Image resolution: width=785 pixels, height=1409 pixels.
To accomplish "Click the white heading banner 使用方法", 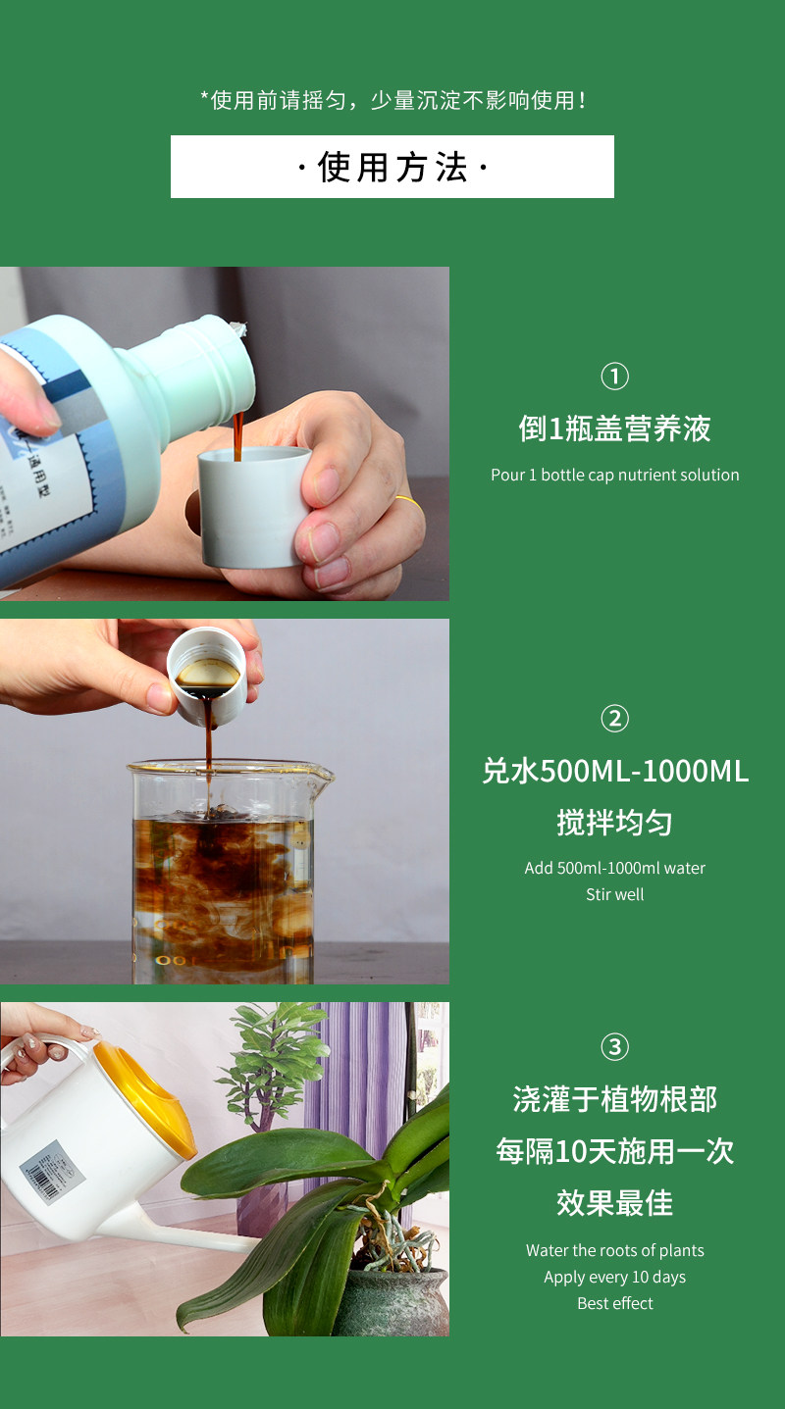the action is (x=392, y=167).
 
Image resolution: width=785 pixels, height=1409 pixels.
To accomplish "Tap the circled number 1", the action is (x=615, y=377).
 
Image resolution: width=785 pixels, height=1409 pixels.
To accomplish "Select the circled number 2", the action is (x=615, y=719).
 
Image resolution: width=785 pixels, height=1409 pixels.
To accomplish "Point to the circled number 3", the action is (x=615, y=1046).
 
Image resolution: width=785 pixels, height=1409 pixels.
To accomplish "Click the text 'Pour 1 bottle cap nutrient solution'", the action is (x=615, y=475).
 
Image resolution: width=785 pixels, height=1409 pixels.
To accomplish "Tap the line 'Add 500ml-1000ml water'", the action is (x=615, y=868).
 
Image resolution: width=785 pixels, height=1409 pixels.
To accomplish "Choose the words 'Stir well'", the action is (x=615, y=894).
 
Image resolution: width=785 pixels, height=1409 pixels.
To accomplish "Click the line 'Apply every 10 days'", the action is (x=615, y=1277).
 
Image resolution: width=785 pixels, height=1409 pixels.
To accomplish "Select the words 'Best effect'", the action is (x=615, y=1303).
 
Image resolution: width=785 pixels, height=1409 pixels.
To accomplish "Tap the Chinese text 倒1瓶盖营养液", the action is (x=615, y=429).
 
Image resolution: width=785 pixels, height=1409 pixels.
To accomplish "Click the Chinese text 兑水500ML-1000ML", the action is (x=615, y=772).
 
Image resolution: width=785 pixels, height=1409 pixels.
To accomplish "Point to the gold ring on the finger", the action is (x=406, y=501).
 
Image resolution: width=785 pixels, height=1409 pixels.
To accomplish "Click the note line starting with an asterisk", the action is (x=392, y=100).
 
